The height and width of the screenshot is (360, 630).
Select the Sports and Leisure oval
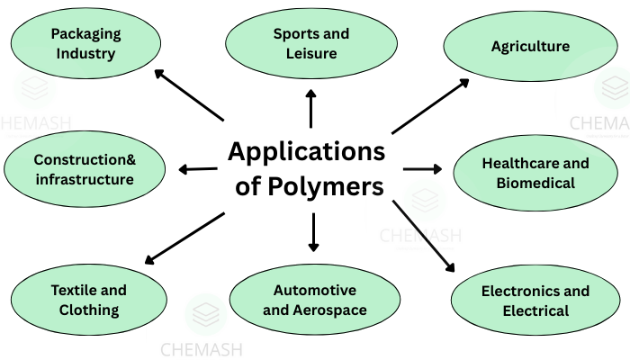point(311,43)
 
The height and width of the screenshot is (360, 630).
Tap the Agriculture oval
point(531,46)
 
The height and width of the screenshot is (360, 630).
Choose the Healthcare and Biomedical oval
point(535,173)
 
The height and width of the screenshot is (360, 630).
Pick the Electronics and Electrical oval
point(535,301)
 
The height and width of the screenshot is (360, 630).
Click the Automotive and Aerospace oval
point(314,301)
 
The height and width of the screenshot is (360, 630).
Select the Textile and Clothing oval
point(89,301)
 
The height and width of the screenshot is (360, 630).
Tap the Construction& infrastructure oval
point(85,169)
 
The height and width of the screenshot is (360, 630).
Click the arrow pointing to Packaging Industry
point(188,94)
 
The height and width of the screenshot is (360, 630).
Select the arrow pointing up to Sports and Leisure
point(311,107)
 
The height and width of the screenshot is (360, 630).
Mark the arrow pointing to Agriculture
point(430,106)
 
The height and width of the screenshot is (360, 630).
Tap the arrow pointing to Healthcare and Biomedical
point(422,168)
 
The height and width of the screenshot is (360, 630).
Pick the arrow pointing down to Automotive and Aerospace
point(313,233)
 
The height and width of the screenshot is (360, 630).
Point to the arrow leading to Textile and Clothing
point(184,238)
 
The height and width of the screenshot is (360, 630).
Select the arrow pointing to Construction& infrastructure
point(198,168)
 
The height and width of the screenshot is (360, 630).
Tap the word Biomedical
point(535,183)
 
